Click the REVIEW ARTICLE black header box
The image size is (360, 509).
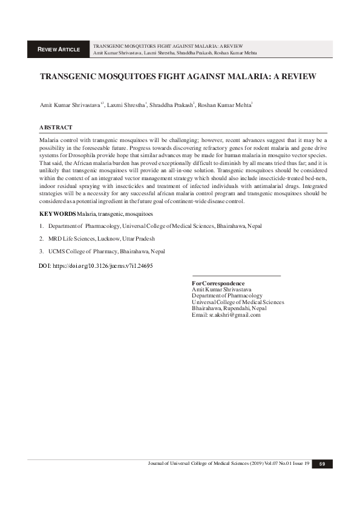point(59,49)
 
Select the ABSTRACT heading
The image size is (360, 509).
point(56,128)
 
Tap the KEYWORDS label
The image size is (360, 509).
point(57,214)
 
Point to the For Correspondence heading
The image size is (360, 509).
point(218,283)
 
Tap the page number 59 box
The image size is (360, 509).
point(322,464)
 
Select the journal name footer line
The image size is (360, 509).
point(229,464)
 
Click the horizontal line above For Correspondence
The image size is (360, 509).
point(236,276)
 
